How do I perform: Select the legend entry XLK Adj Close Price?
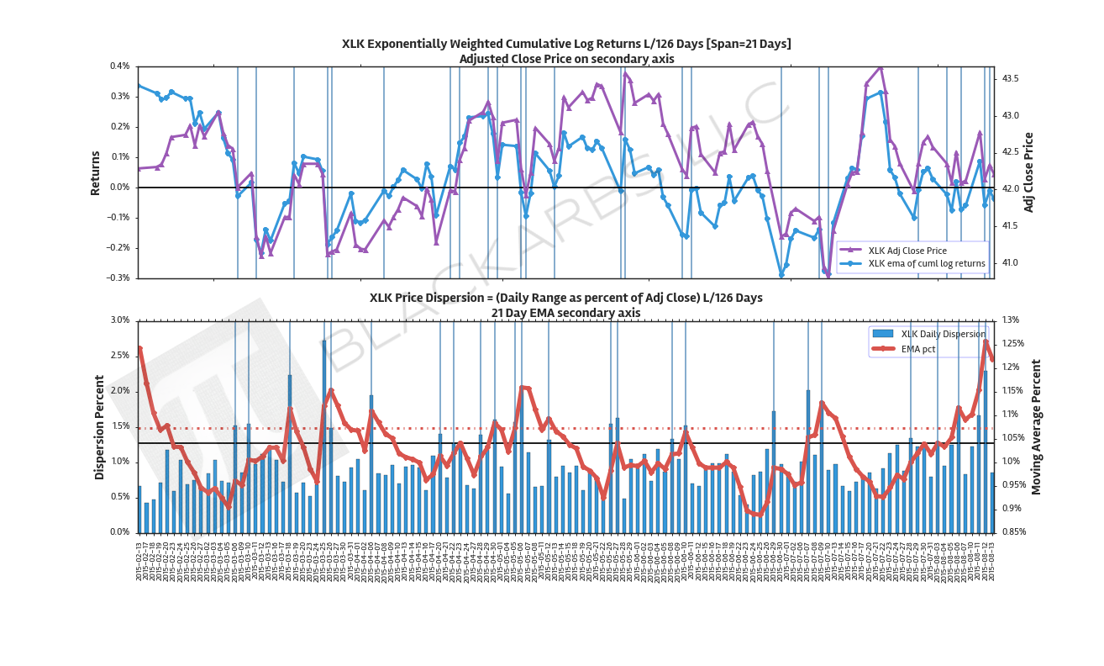click(907, 251)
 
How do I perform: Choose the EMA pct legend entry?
click(918, 348)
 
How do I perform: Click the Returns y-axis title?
click(96, 173)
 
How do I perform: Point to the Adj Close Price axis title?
click(1029, 172)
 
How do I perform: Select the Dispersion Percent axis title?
click(99, 427)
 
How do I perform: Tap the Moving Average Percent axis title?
click(1036, 426)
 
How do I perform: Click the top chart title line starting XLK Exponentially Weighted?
click(566, 44)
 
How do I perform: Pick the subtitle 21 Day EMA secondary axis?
click(566, 313)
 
